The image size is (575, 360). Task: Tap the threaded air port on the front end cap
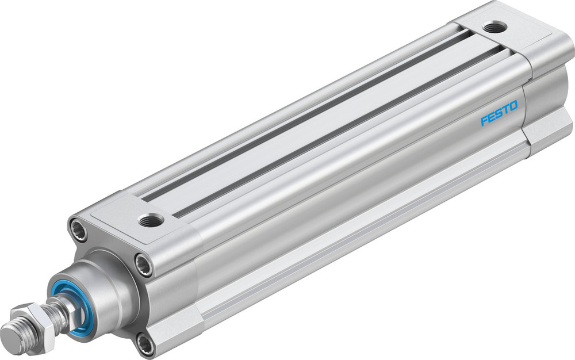click(x=152, y=219)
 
